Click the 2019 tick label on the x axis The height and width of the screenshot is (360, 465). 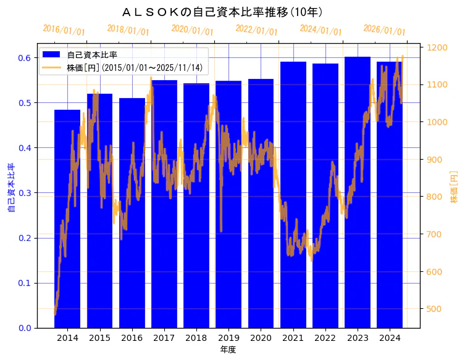[x=228, y=338]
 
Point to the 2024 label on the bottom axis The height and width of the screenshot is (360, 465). [x=390, y=338]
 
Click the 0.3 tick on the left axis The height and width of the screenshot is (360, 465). [x=24, y=193]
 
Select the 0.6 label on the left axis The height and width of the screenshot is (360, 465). [x=24, y=58]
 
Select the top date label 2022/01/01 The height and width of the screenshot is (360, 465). [x=256, y=31]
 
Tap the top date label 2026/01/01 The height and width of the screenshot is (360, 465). [x=385, y=31]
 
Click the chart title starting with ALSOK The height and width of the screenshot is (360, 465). [x=222, y=12]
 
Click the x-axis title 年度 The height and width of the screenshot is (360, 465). [x=228, y=350]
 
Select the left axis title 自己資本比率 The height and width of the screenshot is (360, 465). [x=10, y=188]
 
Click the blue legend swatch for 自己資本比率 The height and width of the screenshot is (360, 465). [x=52, y=54]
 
